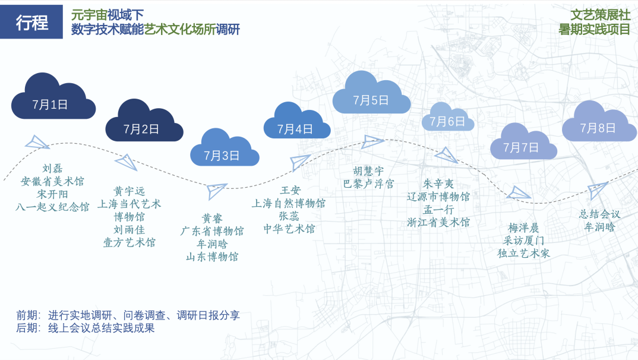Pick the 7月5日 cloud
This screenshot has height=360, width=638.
click(371, 96)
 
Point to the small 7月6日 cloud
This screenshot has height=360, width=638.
click(447, 119)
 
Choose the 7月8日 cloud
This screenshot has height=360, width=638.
click(598, 124)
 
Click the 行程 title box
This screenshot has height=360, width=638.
click(31, 22)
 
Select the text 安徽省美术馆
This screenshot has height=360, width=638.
click(53, 181)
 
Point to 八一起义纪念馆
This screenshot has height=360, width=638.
click(53, 207)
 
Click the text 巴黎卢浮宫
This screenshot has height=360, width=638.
click(368, 184)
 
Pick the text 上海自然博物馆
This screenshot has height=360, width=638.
click(289, 203)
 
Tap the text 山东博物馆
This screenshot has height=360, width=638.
click(212, 257)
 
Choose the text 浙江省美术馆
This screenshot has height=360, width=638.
click(438, 222)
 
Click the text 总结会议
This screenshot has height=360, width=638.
click(599, 214)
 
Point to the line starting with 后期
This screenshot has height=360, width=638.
click(86, 328)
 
